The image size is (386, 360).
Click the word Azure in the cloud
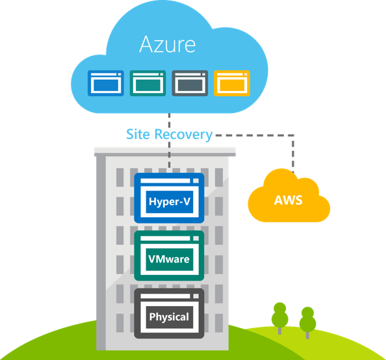[x=168, y=45]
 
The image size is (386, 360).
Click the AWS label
[x=289, y=199]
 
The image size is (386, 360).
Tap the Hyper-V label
[x=169, y=201]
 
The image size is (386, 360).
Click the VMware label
[x=169, y=260]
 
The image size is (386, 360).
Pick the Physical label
[x=169, y=317]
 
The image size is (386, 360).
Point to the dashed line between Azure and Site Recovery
[x=169, y=120]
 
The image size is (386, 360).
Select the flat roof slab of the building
[x=165, y=151]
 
